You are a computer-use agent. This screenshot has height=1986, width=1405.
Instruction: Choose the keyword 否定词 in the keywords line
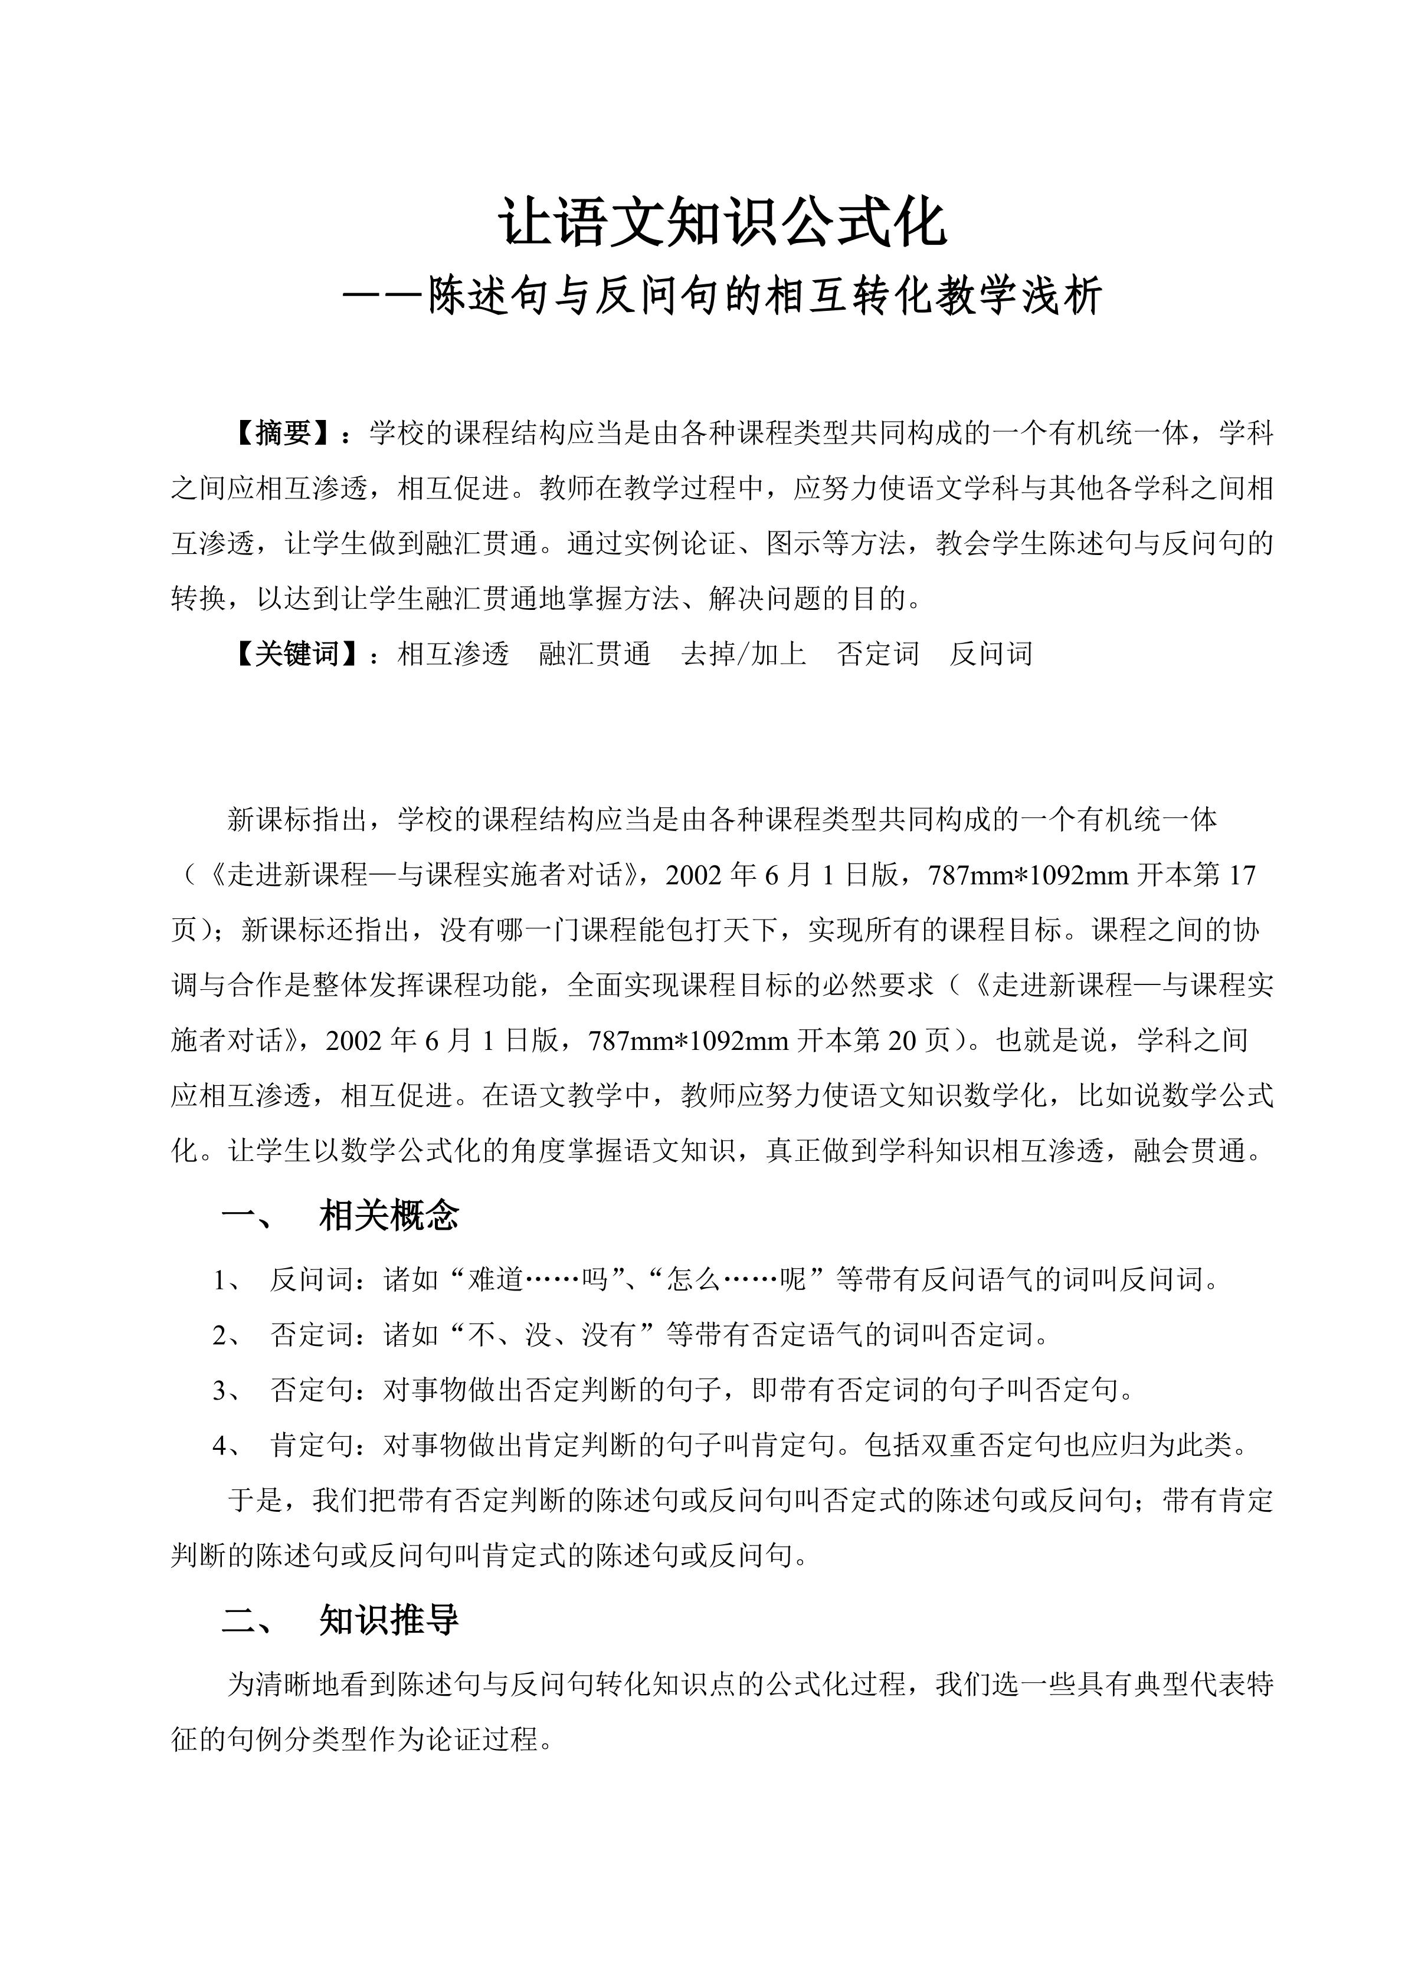tap(878, 654)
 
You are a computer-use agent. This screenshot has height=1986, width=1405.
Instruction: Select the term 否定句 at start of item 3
tap(312, 1390)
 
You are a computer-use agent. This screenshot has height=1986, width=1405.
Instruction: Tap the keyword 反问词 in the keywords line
tap(991, 654)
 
